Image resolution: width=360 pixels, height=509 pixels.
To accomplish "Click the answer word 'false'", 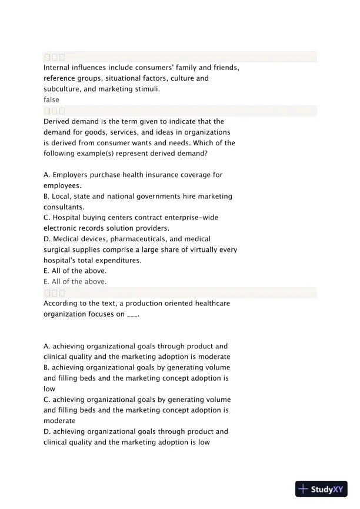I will pyautogui.click(x=51, y=100).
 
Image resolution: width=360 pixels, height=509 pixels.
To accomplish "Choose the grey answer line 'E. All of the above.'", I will pyautogui.click(x=75, y=282).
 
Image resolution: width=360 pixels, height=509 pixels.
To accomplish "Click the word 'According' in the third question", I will pyautogui.click(x=62, y=303).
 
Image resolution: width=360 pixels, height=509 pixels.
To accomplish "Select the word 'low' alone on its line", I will pyautogui.click(x=49, y=389).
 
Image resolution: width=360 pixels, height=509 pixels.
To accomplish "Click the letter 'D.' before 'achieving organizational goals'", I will pyautogui.click(x=48, y=431).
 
